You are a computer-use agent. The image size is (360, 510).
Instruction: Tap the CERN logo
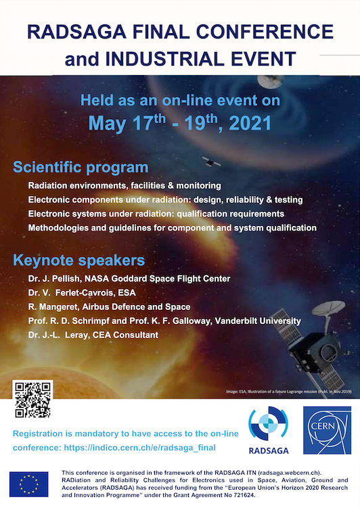click(327, 430)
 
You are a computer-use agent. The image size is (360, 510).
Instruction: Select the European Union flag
click(28, 485)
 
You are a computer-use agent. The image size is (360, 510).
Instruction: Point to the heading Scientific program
click(81, 167)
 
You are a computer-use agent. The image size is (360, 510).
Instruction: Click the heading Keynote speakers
click(78, 260)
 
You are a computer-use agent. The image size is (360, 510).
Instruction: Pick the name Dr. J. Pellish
click(58, 279)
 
